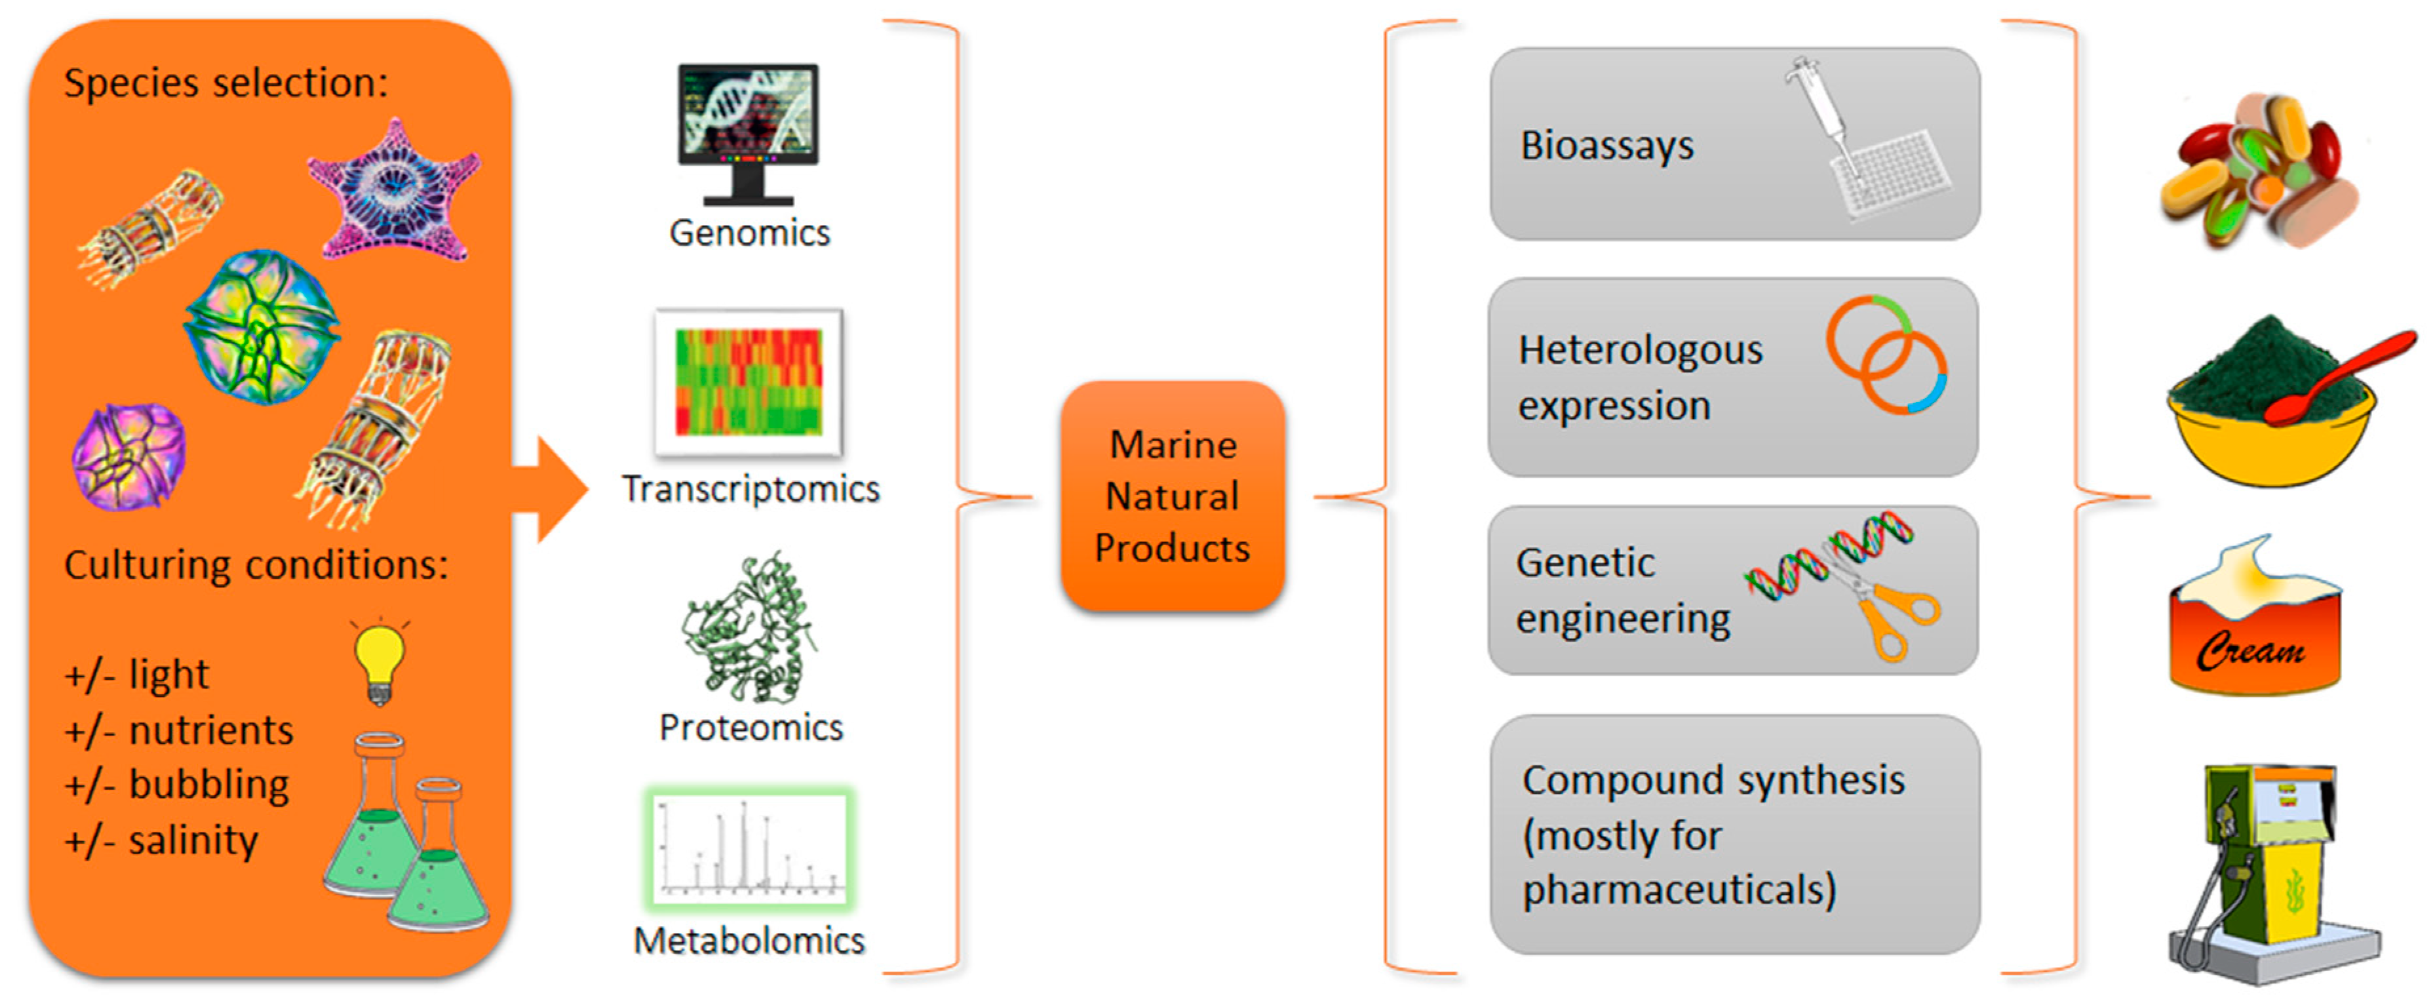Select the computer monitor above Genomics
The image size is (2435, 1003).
click(x=748, y=133)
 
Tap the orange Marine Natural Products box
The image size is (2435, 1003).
click(x=1172, y=496)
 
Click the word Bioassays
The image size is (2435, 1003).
click(x=1607, y=146)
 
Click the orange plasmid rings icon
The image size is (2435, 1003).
click(x=1886, y=355)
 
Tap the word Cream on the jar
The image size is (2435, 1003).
click(x=2250, y=650)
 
